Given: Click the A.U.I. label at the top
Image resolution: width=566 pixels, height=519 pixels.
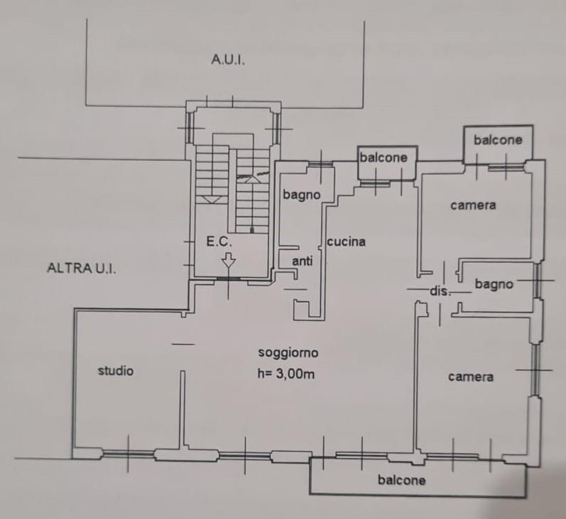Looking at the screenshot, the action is click(x=228, y=60).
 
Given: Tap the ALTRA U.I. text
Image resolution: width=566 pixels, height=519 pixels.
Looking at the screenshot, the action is click(x=82, y=268).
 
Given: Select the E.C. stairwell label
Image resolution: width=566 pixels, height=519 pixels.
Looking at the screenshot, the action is click(x=219, y=241).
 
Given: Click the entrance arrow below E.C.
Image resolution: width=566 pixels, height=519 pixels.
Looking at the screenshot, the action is click(x=228, y=260).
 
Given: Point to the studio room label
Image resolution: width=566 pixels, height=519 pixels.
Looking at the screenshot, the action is click(x=116, y=371).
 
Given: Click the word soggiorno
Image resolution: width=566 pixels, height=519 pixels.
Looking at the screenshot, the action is click(x=288, y=352).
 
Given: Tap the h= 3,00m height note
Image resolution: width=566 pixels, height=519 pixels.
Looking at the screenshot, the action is click(x=286, y=373).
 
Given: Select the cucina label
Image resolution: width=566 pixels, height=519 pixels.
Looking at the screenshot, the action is click(x=346, y=241).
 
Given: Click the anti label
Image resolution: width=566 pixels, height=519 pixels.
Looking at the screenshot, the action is click(x=302, y=261).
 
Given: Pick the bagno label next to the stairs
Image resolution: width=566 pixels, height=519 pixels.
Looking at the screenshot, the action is click(x=301, y=195).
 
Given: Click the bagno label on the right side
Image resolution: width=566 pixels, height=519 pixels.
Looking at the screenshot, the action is click(x=494, y=284).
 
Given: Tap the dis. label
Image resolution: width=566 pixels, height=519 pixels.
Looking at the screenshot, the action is click(x=440, y=291).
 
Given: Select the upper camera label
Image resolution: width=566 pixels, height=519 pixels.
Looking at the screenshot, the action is click(x=473, y=205).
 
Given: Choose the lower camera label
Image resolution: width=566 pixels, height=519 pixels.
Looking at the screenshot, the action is click(x=471, y=377).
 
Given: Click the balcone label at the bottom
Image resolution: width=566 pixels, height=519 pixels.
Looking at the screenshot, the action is click(x=401, y=480).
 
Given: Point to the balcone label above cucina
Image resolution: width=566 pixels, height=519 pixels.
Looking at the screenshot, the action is click(x=383, y=158).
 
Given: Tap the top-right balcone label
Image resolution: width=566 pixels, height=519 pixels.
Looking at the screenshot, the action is click(x=498, y=140).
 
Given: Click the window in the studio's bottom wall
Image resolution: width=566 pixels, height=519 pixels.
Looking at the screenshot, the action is click(x=129, y=453).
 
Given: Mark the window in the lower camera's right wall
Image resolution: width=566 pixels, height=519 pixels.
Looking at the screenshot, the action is click(x=536, y=371).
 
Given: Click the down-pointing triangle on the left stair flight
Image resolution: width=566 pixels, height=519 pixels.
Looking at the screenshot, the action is click(x=212, y=199).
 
